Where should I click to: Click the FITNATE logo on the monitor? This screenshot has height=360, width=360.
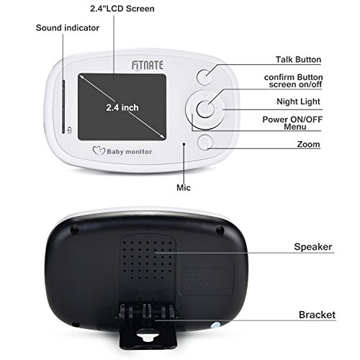pos(148,66)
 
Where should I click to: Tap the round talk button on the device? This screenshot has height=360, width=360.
pos(204,77)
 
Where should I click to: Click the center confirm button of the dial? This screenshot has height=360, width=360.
pos(204,109)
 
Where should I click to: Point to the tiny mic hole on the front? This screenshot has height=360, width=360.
pos(184,144)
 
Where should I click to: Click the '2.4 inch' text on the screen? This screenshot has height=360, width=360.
pos(122,107)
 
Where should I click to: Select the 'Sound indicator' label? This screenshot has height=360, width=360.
pos(68,28)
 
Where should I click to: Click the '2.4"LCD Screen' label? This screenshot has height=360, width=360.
pos(122,9)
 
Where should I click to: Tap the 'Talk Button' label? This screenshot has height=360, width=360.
pos(298,60)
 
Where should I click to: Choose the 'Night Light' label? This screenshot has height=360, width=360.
pos(298,102)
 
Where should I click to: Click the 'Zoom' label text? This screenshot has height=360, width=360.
pos(308,144)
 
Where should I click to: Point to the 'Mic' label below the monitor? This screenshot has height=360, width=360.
pos(184,187)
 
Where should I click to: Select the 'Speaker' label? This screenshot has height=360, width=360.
pos(313,247)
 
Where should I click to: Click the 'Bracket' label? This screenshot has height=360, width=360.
pos(317,315)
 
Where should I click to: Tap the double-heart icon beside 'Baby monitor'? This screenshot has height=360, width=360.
pos(99,150)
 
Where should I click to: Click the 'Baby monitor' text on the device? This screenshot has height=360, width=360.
pos(130,152)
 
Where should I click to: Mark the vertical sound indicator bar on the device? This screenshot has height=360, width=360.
pos(63,107)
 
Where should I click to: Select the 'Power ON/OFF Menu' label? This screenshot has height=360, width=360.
pos(292,123)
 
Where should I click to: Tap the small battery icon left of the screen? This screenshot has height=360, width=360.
pos(69,130)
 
